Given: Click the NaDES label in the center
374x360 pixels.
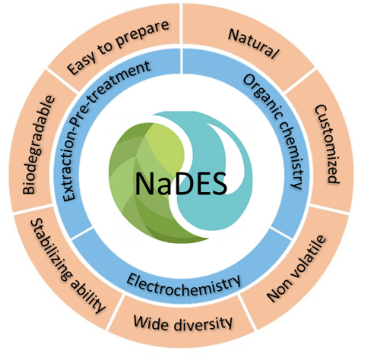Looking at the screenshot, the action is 181,183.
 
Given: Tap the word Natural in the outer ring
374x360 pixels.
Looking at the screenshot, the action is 254,43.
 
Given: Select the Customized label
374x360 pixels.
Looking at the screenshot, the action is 327,144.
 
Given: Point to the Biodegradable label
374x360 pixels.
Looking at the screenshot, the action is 39,145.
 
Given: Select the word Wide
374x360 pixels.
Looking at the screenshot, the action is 147,322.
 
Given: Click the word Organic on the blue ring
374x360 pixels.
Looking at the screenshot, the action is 263,96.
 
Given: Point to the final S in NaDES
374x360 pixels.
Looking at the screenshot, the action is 220,184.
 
